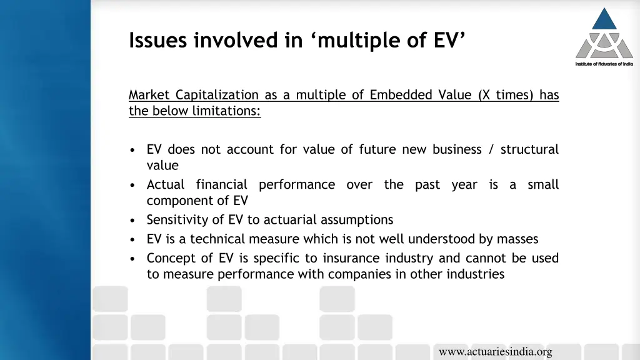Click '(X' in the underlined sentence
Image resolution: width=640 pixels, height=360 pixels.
point(484,95)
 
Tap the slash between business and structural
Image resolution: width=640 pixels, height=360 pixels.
point(491,149)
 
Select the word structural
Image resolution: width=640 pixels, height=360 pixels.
point(529,149)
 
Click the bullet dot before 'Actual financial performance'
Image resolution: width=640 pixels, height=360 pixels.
point(134,186)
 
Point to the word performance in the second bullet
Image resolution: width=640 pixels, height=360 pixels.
point(297,185)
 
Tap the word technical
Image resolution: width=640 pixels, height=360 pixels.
point(217,239)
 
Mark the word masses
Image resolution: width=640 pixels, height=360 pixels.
point(517,239)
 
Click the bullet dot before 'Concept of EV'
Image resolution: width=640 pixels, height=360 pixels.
point(134,259)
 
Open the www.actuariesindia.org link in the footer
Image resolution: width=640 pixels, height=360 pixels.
point(495,352)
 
